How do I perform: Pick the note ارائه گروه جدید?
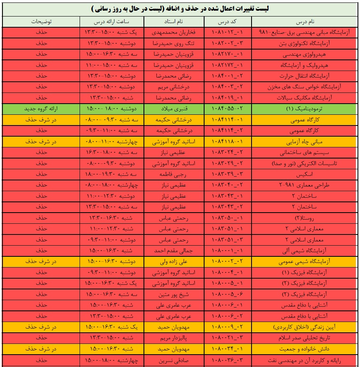[x=41, y=109]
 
